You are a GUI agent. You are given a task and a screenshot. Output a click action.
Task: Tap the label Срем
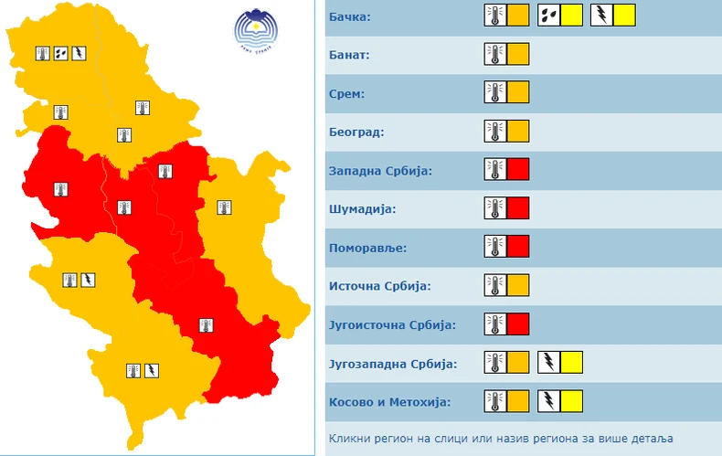pos(347,93)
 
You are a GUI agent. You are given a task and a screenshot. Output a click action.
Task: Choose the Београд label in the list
pos(356,132)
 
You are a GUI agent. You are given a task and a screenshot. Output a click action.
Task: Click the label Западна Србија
pos(379,171)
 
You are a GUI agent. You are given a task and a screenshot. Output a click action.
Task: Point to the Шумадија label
pos(362,209)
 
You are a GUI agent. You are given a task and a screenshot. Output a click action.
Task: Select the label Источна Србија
pos(379,286)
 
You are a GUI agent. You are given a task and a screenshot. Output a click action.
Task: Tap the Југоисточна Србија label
pos(391,324)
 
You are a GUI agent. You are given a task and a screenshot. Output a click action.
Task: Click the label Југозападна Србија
pos(392,364)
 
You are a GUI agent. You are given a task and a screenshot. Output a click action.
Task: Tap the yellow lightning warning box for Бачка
pos(624,15)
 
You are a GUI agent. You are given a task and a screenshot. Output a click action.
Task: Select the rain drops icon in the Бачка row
pos(548,15)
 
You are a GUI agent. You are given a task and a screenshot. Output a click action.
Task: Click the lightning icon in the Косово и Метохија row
pos(548,400)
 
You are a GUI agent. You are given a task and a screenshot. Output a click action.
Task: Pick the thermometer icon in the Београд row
pos(494,131)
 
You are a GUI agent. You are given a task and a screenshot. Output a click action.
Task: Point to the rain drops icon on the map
pos(61,53)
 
